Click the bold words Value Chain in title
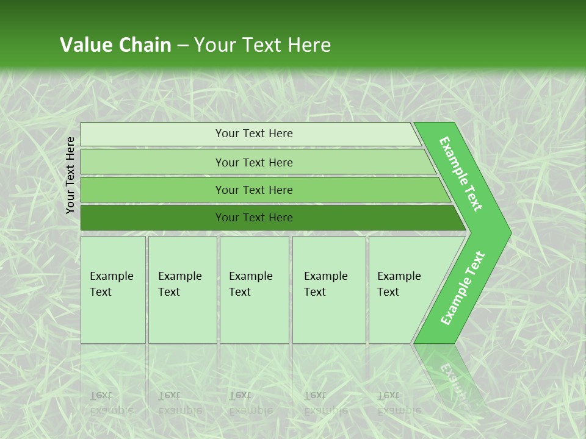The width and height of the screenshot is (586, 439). tap(115, 45)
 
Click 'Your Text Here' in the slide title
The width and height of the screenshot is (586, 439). tap(262, 45)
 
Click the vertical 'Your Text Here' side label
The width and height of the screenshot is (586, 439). tap(71, 175)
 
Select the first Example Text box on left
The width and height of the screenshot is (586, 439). tap(113, 290)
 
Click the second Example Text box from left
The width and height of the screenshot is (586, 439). tap(183, 290)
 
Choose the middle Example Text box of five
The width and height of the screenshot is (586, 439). tap(254, 290)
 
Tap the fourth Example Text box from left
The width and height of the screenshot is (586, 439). tap(329, 290)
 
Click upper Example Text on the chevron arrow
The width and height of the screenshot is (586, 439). tap(461, 174)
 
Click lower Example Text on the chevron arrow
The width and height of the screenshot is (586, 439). tap(462, 288)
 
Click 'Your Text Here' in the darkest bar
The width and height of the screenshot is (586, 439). tap(254, 218)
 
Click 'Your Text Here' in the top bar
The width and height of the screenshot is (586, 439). tap(254, 134)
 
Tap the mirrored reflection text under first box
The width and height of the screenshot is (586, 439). tap(112, 403)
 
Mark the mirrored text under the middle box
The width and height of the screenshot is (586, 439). tap(250, 403)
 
